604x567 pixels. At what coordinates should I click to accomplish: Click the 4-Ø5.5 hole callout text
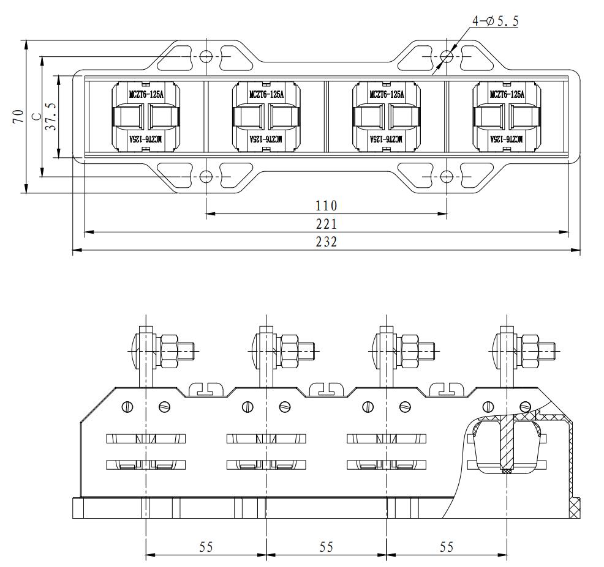click(x=495, y=21)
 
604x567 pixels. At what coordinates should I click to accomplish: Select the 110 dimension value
click(x=326, y=206)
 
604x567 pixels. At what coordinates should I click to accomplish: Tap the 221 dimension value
click(x=326, y=224)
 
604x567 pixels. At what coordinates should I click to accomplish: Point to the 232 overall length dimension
click(x=326, y=242)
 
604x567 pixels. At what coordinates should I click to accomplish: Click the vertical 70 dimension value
click(x=18, y=116)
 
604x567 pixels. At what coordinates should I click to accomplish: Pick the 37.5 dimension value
click(x=51, y=116)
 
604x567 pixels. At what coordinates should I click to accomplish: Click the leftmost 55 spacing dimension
click(x=206, y=547)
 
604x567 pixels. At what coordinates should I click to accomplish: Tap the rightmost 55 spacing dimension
click(x=447, y=547)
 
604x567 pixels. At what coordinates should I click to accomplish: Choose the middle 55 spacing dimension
click(x=326, y=547)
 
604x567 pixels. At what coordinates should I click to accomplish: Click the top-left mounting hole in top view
click(x=206, y=56)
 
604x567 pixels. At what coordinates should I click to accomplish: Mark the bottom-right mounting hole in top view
click(x=447, y=177)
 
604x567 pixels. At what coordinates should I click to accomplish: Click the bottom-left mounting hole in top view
click(x=206, y=177)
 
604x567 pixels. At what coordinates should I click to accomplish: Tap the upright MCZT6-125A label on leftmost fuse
click(x=146, y=94)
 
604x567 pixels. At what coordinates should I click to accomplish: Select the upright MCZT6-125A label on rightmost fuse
click(x=507, y=94)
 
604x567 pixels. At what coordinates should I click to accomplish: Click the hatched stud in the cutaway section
click(x=507, y=443)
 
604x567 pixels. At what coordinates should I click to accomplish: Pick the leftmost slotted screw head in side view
click(x=128, y=406)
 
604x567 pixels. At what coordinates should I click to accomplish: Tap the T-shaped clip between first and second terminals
click(x=206, y=388)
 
